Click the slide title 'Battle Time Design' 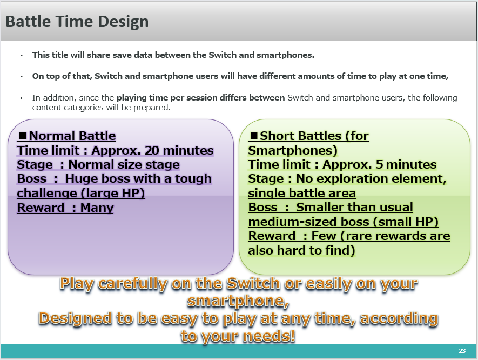pyautogui.click(x=77, y=22)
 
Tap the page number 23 pyautogui.click(x=462, y=351)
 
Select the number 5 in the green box pyautogui.click(x=379, y=164)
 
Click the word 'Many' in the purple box pyautogui.click(x=97, y=208)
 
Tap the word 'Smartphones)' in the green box pyautogui.click(x=293, y=150)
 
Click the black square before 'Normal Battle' pyautogui.click(x=23, y=136)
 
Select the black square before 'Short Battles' pyautogui.click(x=254, y=136)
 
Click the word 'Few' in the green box pyautogui.click(x=324, y=236)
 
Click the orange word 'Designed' pyautogui.click(x=75, y=318)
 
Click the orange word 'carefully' pyautogui.click(x=133, y=284)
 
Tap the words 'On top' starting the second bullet pyautogui.click(x=46, y=76)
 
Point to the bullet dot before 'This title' pyautogui.click(x=22, y=56)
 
